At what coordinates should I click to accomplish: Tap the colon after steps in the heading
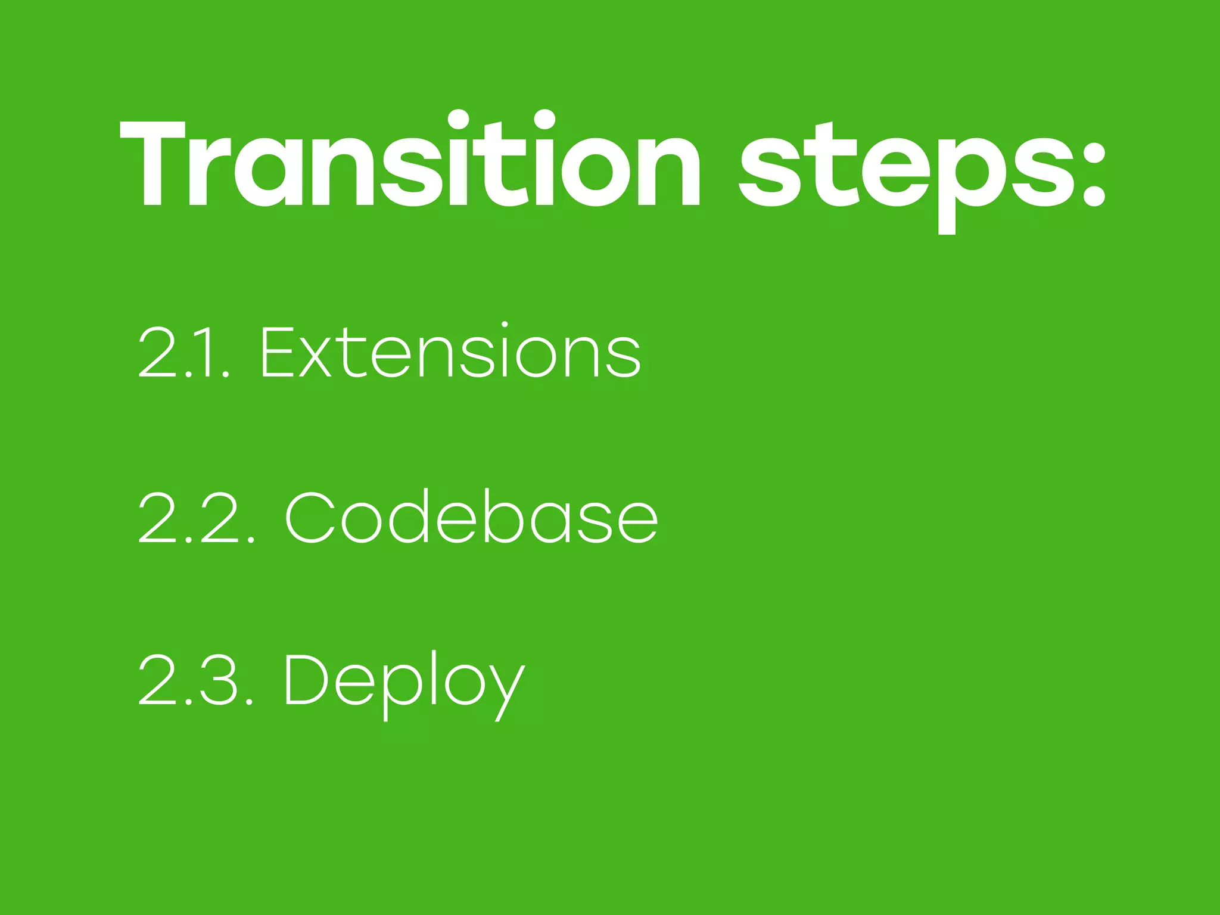tap(1092, 173)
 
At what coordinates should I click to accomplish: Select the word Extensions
tap(451, 351)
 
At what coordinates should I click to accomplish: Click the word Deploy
tap(404, 682)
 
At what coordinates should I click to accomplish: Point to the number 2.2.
tap(197, 517)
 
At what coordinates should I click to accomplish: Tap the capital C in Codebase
tap(309, 516)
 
